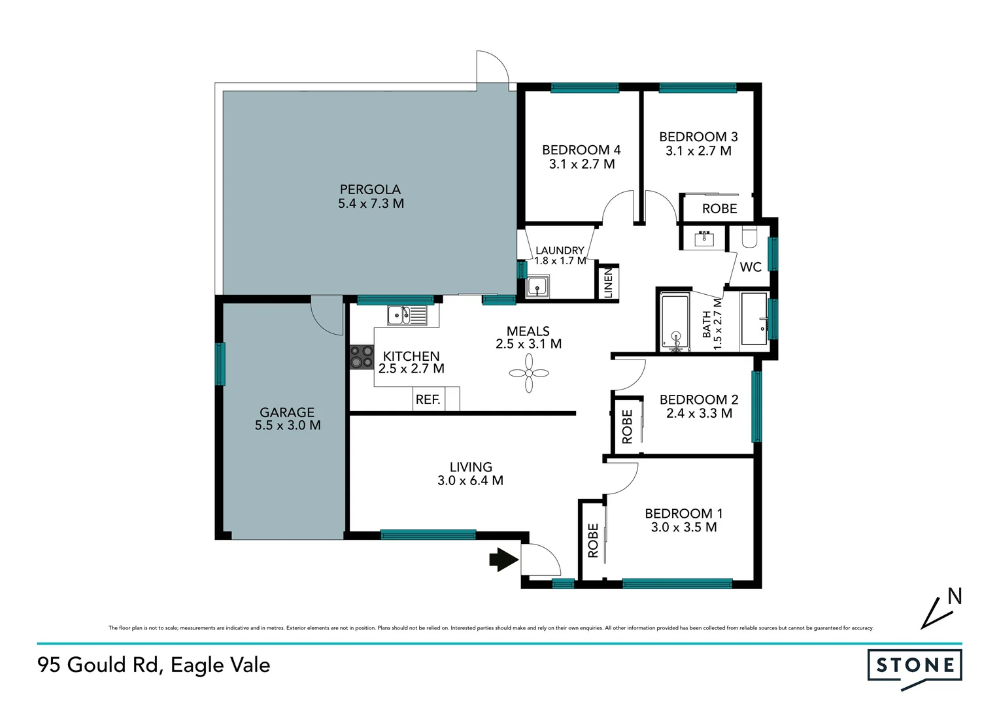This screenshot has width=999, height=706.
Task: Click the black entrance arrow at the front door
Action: (x=503, y=560)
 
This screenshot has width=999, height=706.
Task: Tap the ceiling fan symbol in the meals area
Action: (x=529, y=373)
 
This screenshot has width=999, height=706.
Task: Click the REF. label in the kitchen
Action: (x=428, y=399)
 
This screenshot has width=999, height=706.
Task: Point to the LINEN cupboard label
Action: (x=609, y=283)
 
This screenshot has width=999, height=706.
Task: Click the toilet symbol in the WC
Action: (x=749, y=237)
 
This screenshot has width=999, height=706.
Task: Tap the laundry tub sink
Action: (x=537, y=286)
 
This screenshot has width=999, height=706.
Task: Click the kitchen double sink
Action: (x=406, y=315)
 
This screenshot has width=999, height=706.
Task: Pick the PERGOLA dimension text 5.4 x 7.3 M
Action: (x=371, y=204)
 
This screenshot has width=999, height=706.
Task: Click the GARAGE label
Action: (x=287, y=412)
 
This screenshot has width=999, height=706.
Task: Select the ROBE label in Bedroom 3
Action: (x=719, y=209)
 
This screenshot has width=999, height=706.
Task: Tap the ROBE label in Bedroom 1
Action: (x=593, y=541)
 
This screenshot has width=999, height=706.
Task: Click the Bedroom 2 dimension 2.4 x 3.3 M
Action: (x=699, y=413)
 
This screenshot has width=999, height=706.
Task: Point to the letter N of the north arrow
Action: (x=955, y=596)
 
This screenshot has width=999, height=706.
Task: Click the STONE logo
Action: (x=915, y=666)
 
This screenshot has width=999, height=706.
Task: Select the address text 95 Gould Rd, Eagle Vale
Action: (x=154, y=665)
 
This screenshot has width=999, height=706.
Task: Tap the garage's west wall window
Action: (x=220, y=364)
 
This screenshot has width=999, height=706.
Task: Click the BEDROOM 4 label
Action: (x=581, y=150)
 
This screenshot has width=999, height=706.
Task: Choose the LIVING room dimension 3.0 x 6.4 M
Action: (x=470, y=480)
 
